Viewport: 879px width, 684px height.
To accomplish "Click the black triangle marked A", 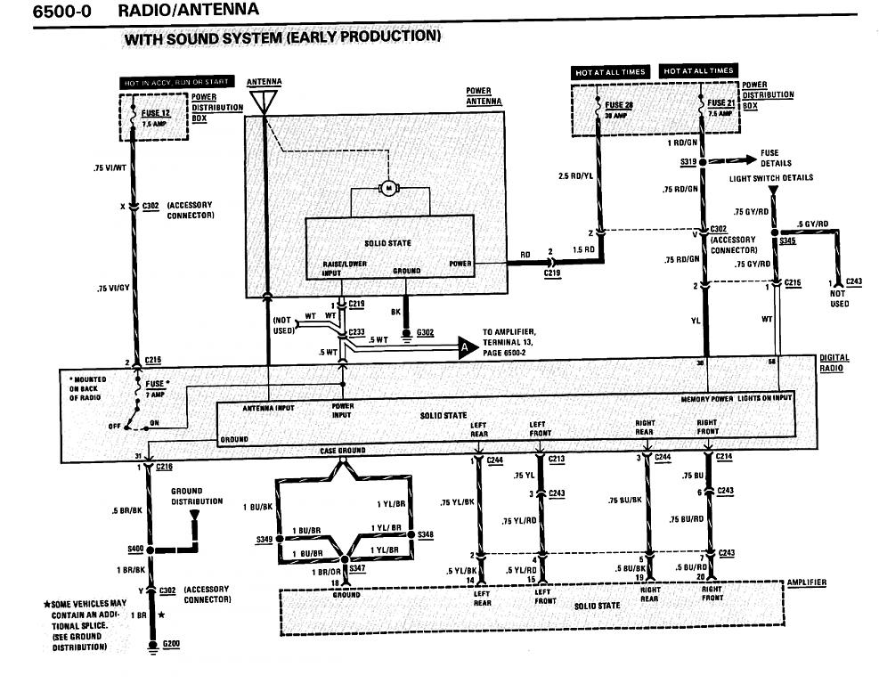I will pyautogui.click(x=466, y=349).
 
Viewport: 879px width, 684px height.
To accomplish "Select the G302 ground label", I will pyautogui.click(x=425, y=333).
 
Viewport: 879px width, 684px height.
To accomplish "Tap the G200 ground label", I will pyautogui.click(x=174, y=643).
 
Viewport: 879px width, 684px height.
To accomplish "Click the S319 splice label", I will pyautogui.click(x=687, y=163).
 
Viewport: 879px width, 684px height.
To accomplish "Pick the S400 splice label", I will pyautogui.click(x=136, y=549).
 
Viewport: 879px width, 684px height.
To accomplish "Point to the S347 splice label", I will pyautogui.click(x=356, y=566).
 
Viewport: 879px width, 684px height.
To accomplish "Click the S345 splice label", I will pyautogui.click(x=787, y=241).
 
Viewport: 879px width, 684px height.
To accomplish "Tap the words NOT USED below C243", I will pyautogui.click(x=839, y=298).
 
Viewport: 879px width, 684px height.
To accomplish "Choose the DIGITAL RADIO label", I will pyautogui.click(x=834, y=363).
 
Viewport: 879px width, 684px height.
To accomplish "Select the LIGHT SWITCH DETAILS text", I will pyautogui.click(x=771, y=178).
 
